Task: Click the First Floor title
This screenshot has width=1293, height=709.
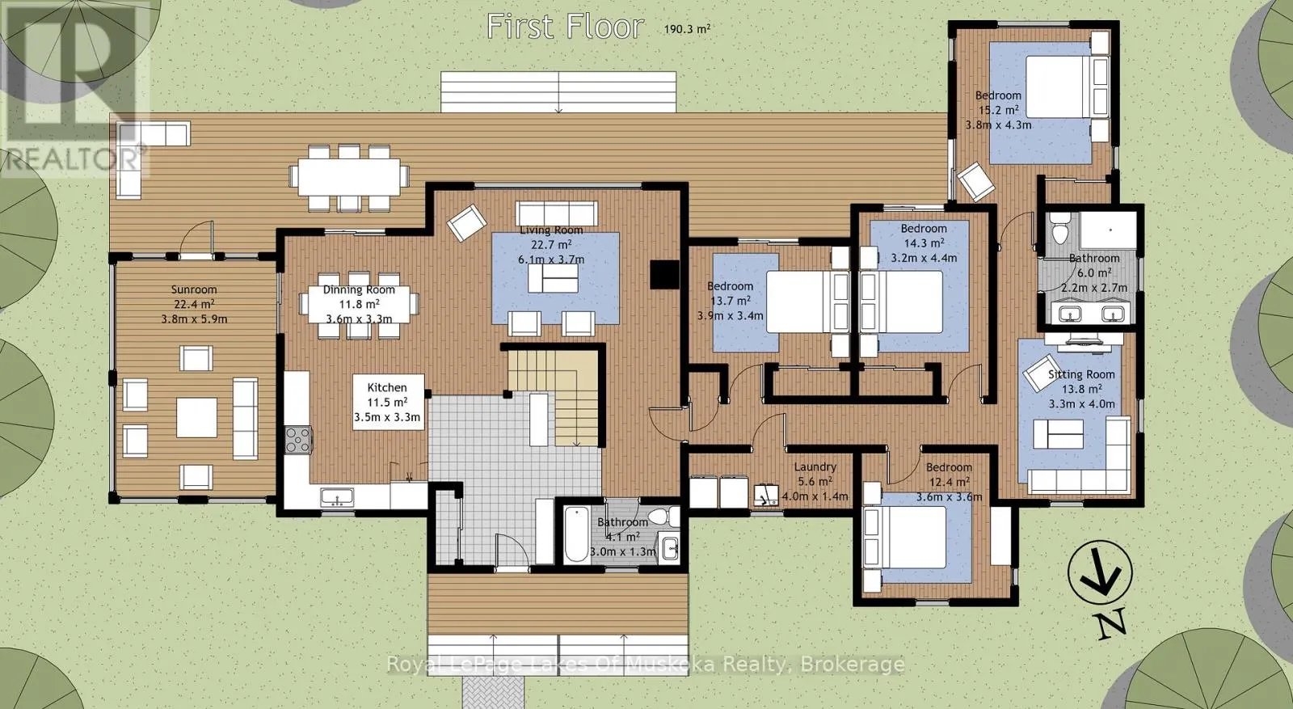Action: coord(565,27)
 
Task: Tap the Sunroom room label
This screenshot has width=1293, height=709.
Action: coord(194,290)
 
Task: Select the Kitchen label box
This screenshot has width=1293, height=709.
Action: coord(389,402)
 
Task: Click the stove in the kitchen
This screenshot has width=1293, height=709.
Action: coord(298,439)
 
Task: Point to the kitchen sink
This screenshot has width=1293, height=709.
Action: coord(338,497)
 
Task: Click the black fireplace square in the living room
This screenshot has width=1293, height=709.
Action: coord(664,274)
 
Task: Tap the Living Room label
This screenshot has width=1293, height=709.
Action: coord(551,230)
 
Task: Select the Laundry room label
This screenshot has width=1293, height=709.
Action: coord(815,467)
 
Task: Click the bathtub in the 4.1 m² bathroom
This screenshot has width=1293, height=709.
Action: coord(576,534)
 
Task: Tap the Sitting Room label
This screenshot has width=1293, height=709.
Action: coord(1081,374)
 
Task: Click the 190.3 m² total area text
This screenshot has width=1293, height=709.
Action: coord(687,28)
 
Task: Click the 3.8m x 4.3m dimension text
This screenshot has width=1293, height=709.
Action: coord(998,124)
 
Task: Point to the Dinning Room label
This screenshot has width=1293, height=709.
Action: coord(359,290)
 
